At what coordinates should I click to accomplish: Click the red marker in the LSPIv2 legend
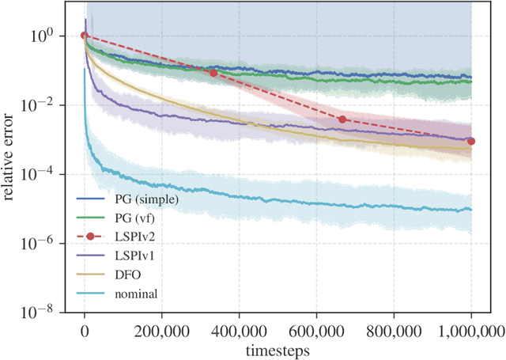[89, 236]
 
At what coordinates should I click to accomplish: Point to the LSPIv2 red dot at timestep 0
[85, 35]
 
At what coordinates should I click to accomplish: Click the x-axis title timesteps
[278, 348]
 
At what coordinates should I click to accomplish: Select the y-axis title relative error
[10, 173]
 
